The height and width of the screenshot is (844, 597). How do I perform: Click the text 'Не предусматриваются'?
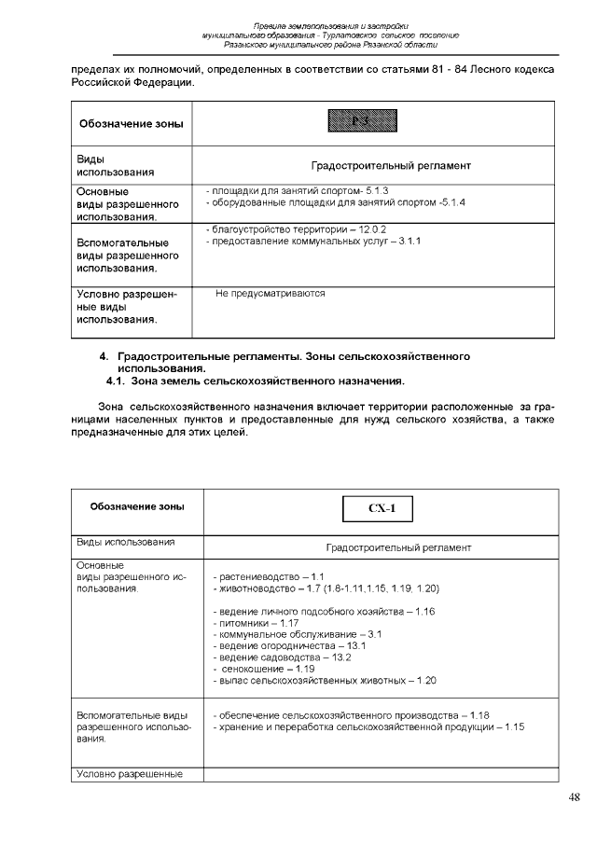(x=271, y=293)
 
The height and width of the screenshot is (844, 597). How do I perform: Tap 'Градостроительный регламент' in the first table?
(x=391, y=165)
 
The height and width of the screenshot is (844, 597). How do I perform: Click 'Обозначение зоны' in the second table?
(x=137, y=506)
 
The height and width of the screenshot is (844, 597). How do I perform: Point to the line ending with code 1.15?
(x=368, y=726)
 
